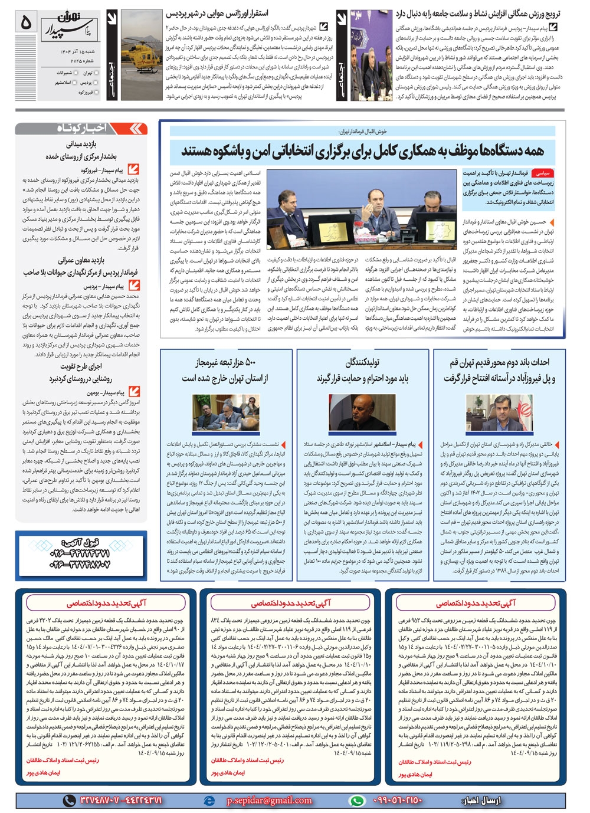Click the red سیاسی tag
[542, 174]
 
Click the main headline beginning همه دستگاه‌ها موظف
[362, 151]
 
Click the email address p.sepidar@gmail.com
[269, 800]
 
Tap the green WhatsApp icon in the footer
[357, 801]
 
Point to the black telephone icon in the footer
[70, 801]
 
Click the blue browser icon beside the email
[208, 801]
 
